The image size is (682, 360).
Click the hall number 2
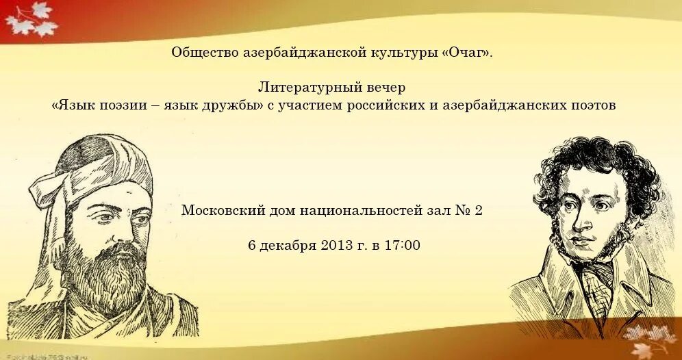[x=477, y=210]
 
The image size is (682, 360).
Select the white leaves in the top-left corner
[x=31, y=19]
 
